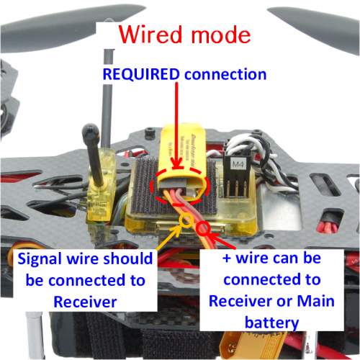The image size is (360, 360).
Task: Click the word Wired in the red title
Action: click(150, 34)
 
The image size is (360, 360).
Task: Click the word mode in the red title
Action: click(221, 35)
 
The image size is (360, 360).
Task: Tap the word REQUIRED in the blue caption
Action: click(141, 74)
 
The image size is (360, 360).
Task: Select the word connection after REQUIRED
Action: click(225, 75)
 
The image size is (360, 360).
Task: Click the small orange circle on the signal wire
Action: click(186, 220)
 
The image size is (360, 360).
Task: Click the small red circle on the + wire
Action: click(204, 228)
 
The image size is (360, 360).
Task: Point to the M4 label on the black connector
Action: click(238, 164)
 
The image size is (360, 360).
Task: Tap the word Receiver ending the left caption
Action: click(85, 302)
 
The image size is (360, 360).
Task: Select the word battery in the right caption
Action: click(271, 323)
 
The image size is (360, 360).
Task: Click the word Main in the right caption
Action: click(316, 301)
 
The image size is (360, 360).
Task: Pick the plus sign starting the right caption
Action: click(227, 258)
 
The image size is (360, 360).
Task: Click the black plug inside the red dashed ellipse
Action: click(173, 184)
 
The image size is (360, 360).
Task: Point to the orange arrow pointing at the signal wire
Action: click(168, 237)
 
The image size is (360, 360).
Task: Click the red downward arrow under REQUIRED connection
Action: click(177, 125)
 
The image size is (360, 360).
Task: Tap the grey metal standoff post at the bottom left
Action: click(35, 335)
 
